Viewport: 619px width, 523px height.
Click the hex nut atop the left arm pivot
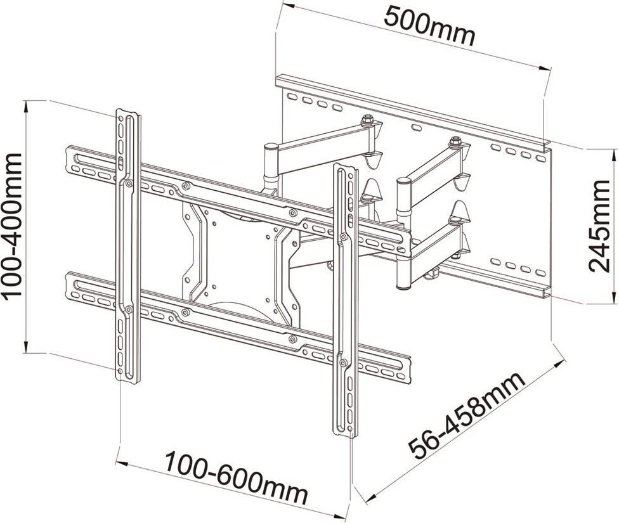click(x=366, y=119)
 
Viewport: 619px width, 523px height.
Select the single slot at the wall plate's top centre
click(x=416, y=127)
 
